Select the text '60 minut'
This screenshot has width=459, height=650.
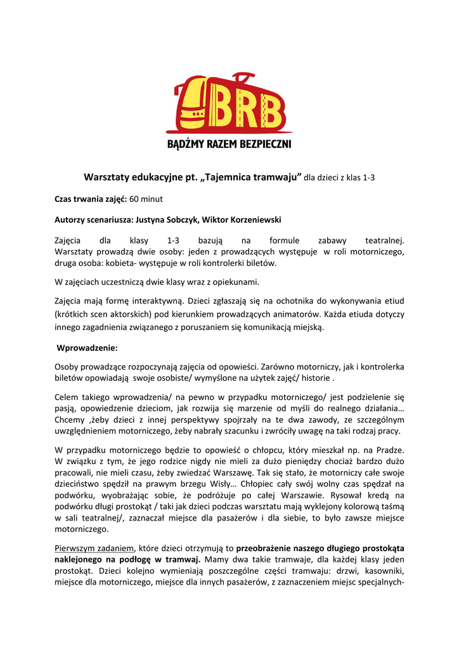coord(146,199)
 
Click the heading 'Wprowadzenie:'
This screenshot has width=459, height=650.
coord(87,348)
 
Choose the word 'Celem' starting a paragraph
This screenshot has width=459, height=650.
coord(67,397)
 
